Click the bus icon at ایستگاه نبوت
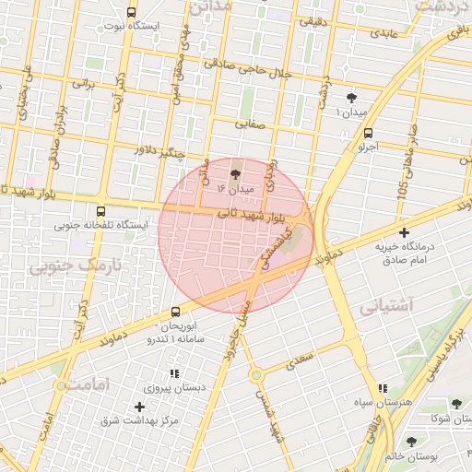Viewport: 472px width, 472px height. tap(131, 13)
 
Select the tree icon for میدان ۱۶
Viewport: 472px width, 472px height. tap(235, 172)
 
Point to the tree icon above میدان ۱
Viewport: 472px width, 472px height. tap(351, 98)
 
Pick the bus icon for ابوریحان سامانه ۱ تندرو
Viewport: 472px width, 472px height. tap(176, 313)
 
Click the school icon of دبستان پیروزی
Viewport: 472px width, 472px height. tap(173, 373)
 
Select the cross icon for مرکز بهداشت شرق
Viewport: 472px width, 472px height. tap(140, 406)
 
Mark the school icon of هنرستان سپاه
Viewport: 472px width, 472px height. tap(383, 388)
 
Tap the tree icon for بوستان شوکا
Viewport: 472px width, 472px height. tap(456, 404)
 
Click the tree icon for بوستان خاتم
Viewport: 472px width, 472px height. tap(411, 442)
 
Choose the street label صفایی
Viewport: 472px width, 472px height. tap(249, 122)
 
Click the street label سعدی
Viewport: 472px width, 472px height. tap(300, 358)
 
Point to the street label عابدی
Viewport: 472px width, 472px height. tap(385, 34)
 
